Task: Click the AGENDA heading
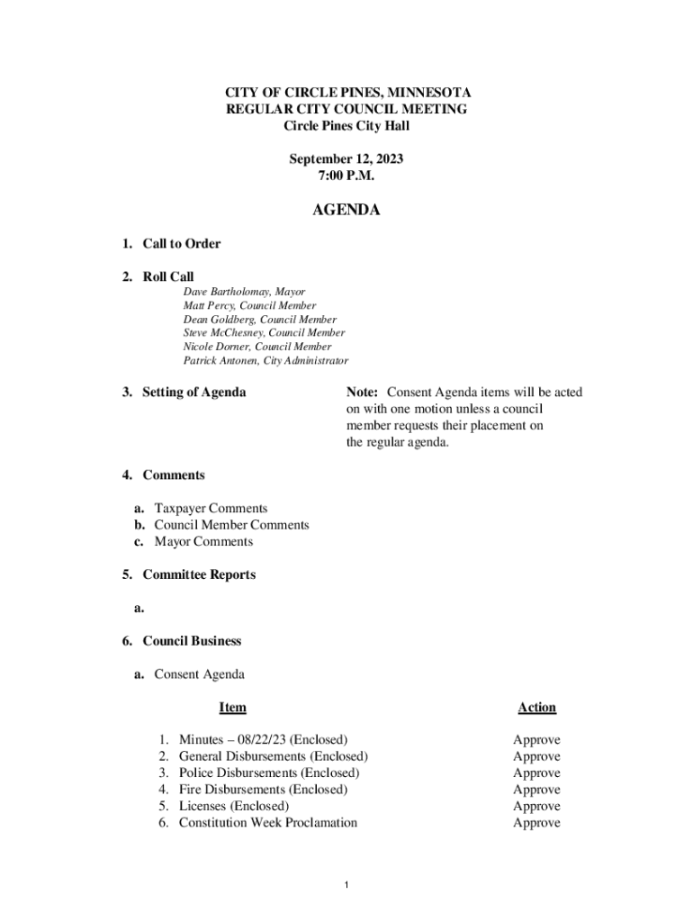pyautogui.click(x=346, y=211)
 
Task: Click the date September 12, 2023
pyautogui.click(x=346, y=159)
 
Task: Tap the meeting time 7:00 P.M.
pyautogui.click(x=346, y=176)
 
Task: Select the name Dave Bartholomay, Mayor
pyautogui.click(x=244, y=293)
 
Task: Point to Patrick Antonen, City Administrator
pyautogui.click(x=265, y=361)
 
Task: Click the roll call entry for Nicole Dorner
pyautogui.click(x=257, y=347)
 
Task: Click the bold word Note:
pyautogui.click(x=364, y=393)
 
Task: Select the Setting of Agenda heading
pyautogui.click(x=193, y=393)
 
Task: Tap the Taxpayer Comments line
pyautogui.click(x=211, y=509)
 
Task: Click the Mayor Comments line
pyautogui.click(x=203, y=542)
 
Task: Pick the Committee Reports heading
pyautogui.click(x=198, y=574)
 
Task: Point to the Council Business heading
pyautogui.click(x=192, y=641)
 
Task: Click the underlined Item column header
pyautogui.click(x=232, y=708)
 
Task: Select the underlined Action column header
pyautogui.click(x=536, y=708)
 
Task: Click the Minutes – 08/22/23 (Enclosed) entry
pyautogui.click(x=263, y=740)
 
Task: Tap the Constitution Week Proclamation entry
pyautogui.click(x=267, y=823)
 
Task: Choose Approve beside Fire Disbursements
pyautogui.click(x=536, y=790)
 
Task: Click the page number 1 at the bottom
pyautogui.click(x=346, y=886)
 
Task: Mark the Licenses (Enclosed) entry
pyautogui.click(x=234, y=806)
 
